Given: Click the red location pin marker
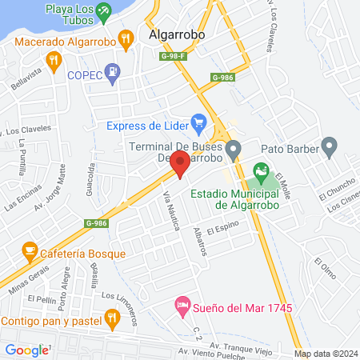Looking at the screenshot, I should [181, 164].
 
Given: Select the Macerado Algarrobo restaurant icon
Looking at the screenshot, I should [124, 38].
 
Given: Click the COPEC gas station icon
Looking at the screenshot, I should [113, 71].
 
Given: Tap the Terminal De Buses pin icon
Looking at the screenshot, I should [234, 148].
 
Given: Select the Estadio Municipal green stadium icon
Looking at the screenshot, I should [260, 171].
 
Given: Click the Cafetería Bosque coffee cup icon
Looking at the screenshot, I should [30, 253].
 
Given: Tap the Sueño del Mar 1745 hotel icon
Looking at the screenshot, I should [183, 306].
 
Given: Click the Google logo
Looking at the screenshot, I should [27, 350].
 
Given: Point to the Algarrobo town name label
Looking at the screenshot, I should [177, 34].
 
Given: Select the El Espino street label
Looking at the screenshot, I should [222, 230].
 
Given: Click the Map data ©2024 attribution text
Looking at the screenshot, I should [324, 354].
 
